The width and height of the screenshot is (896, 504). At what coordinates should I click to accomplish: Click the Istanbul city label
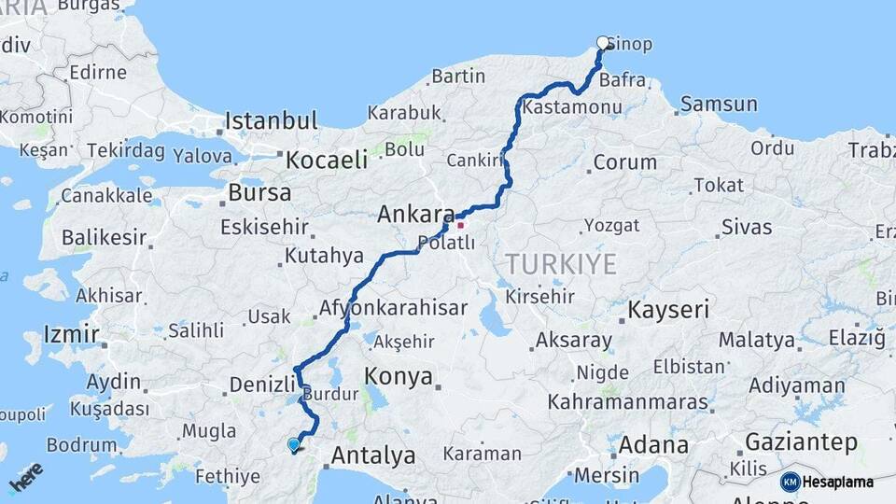point(272,121)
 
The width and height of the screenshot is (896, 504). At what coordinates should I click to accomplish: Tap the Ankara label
point(415,215)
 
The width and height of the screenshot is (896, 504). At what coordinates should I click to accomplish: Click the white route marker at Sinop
point(603,42)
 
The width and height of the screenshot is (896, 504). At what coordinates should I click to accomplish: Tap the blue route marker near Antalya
point(294,445)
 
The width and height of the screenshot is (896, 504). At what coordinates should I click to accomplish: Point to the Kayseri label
point(668,309)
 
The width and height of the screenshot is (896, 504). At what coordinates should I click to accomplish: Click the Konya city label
point(399,377)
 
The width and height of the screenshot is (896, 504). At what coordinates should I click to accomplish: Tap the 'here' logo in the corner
point(25,477)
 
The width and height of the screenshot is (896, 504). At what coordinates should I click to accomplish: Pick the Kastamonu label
point(572,108)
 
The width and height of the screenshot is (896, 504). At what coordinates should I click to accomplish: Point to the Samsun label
point(719,104)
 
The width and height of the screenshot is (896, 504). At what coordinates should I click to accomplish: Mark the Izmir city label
point(71,334)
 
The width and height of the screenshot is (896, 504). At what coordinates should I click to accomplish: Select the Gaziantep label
point(801,441)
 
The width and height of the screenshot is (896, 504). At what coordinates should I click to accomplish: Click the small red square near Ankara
point(460,225)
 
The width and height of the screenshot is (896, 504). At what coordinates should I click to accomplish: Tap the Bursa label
point(259,193)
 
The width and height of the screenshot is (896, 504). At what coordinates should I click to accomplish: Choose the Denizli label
point(262,384)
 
